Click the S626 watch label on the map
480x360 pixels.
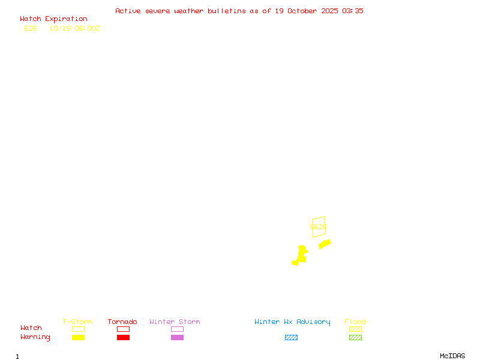318,227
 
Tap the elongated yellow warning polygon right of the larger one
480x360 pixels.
325,244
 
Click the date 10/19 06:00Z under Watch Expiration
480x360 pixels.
74,28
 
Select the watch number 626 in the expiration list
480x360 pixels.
31,28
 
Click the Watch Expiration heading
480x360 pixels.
53,19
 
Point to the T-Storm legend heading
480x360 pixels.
77,322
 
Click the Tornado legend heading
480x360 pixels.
122,322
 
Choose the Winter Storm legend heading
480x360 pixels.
175,322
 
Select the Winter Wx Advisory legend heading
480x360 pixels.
292,322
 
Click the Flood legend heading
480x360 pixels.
355,322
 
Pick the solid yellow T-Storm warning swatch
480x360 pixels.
78,338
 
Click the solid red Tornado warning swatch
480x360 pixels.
123,338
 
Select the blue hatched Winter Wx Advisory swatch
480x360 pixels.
291,338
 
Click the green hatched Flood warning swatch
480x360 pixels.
355,338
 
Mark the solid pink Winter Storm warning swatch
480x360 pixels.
177,338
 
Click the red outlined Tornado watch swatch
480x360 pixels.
123,329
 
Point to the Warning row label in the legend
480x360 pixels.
35,337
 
